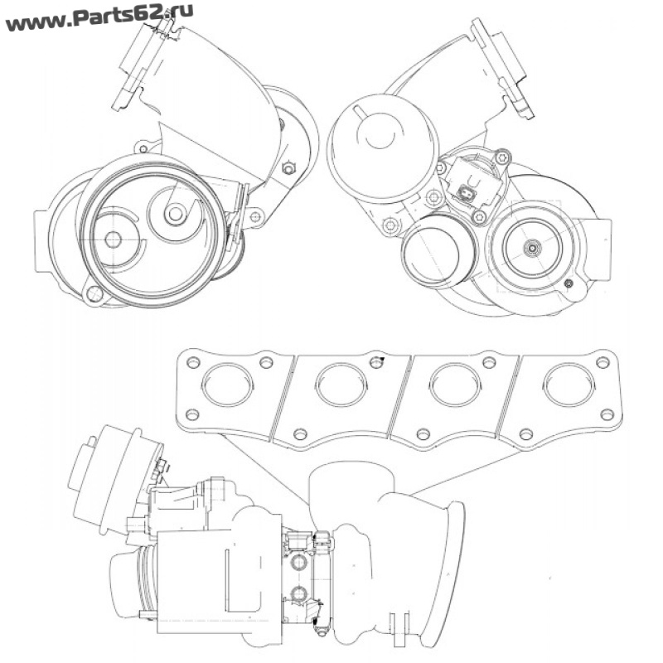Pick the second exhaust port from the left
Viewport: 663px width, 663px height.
(x=341, y=385)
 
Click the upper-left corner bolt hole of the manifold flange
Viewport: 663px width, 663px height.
(x=194, y=362)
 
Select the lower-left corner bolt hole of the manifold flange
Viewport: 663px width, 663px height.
(x=191, y=414)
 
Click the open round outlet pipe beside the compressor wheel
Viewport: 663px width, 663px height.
(x=438, y=254)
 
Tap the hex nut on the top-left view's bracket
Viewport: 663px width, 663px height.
(x=288, y=168)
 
